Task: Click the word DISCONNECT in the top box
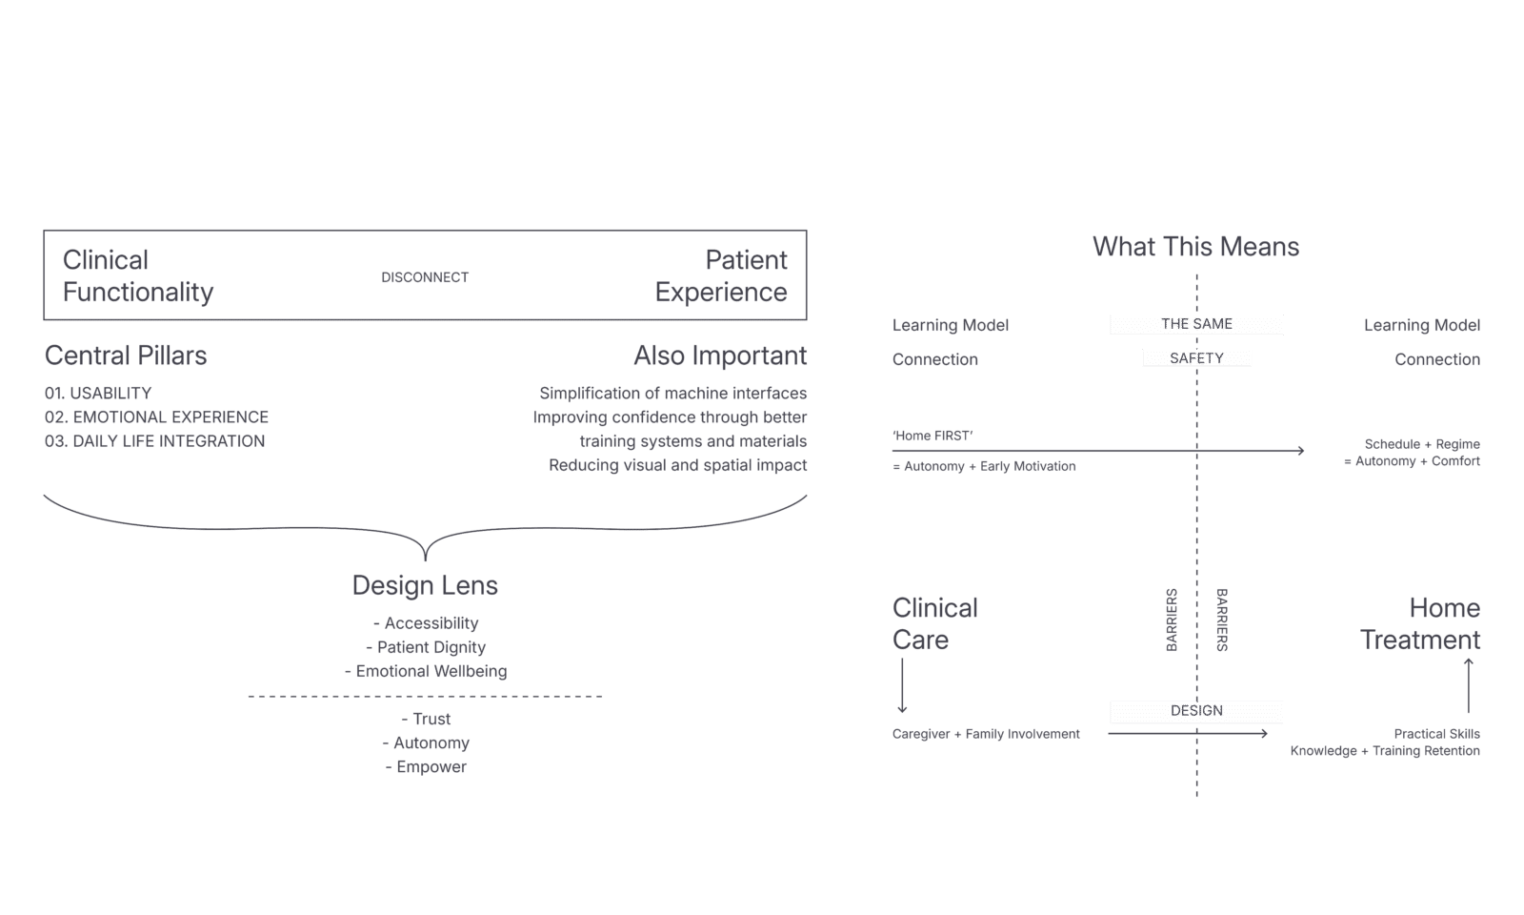click(425, 277)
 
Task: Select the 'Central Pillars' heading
click(126, 356)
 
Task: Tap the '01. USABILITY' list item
click(98, 393)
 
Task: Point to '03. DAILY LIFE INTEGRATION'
click(155, 441)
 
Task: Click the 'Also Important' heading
click(720, 356)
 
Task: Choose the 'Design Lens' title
click(425, 585)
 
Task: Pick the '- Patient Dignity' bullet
click(426, 647)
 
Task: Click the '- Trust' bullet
click(426, 719)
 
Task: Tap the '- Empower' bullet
click(426, 767)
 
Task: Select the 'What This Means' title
click(1195, 247)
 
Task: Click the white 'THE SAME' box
click(1196, 325)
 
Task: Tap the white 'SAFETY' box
click(1196, 358)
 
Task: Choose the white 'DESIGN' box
click(1196, 712)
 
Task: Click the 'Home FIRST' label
click(932, 436)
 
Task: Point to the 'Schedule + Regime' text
click(1422, 444)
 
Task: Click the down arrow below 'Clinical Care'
click(902, 686)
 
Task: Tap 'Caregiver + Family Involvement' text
click(986, 734)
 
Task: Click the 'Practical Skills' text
click(1436, 734)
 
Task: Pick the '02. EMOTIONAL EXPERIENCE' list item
click(157, 417)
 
